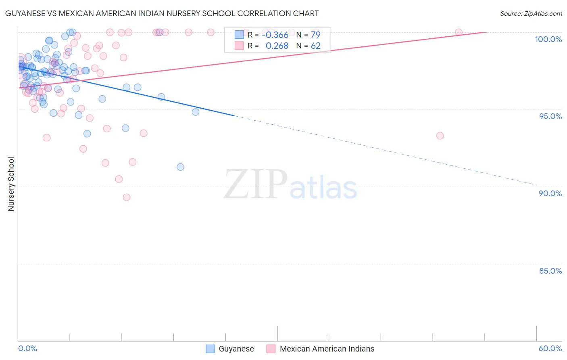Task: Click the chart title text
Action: click(x=162, y=13)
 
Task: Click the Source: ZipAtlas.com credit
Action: click(x=531, y=13)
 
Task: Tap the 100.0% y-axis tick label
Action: click(x=548, y=39)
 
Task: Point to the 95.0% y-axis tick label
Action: click(x=550, y=116)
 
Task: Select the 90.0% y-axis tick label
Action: click(x=550, y=193)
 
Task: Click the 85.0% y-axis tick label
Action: click(x=550, y=271)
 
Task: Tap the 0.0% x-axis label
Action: click(x=28, y=348)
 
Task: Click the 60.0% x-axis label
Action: click(x=550, y=348)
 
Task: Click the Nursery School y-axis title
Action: click(x=11, y=184)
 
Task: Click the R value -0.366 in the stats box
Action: click(x=275, y=35)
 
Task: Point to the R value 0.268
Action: click(x=277, y=46)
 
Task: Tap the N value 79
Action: click(x=315, y=35)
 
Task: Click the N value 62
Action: click(x=315, y=46)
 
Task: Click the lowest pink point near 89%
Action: click(x=127, y=197)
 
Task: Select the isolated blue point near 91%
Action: click(x=180, y=167)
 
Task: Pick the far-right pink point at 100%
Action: click(x=459, y=32)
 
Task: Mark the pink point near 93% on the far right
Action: click(x=440, y=136)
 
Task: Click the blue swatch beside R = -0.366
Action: click(x=239, y=35)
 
